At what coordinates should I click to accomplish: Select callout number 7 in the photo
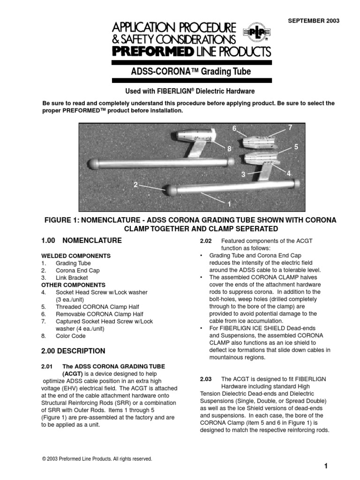coord(290,127)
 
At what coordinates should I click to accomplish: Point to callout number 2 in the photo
coord(135,185)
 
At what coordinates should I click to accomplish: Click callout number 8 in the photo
coord(230,149)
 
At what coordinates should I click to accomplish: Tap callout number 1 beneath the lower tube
coord(229,204)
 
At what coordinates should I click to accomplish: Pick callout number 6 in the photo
coord(234,128)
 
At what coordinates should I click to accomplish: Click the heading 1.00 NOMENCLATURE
coord(82,240)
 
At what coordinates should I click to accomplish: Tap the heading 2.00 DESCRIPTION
coord(74,351)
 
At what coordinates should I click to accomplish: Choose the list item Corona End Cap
coord(77,270)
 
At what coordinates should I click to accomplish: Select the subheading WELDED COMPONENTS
coord(76,256)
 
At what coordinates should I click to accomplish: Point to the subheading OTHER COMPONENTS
coord(74,285)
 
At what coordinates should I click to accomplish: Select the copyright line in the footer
coord(97,459)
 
